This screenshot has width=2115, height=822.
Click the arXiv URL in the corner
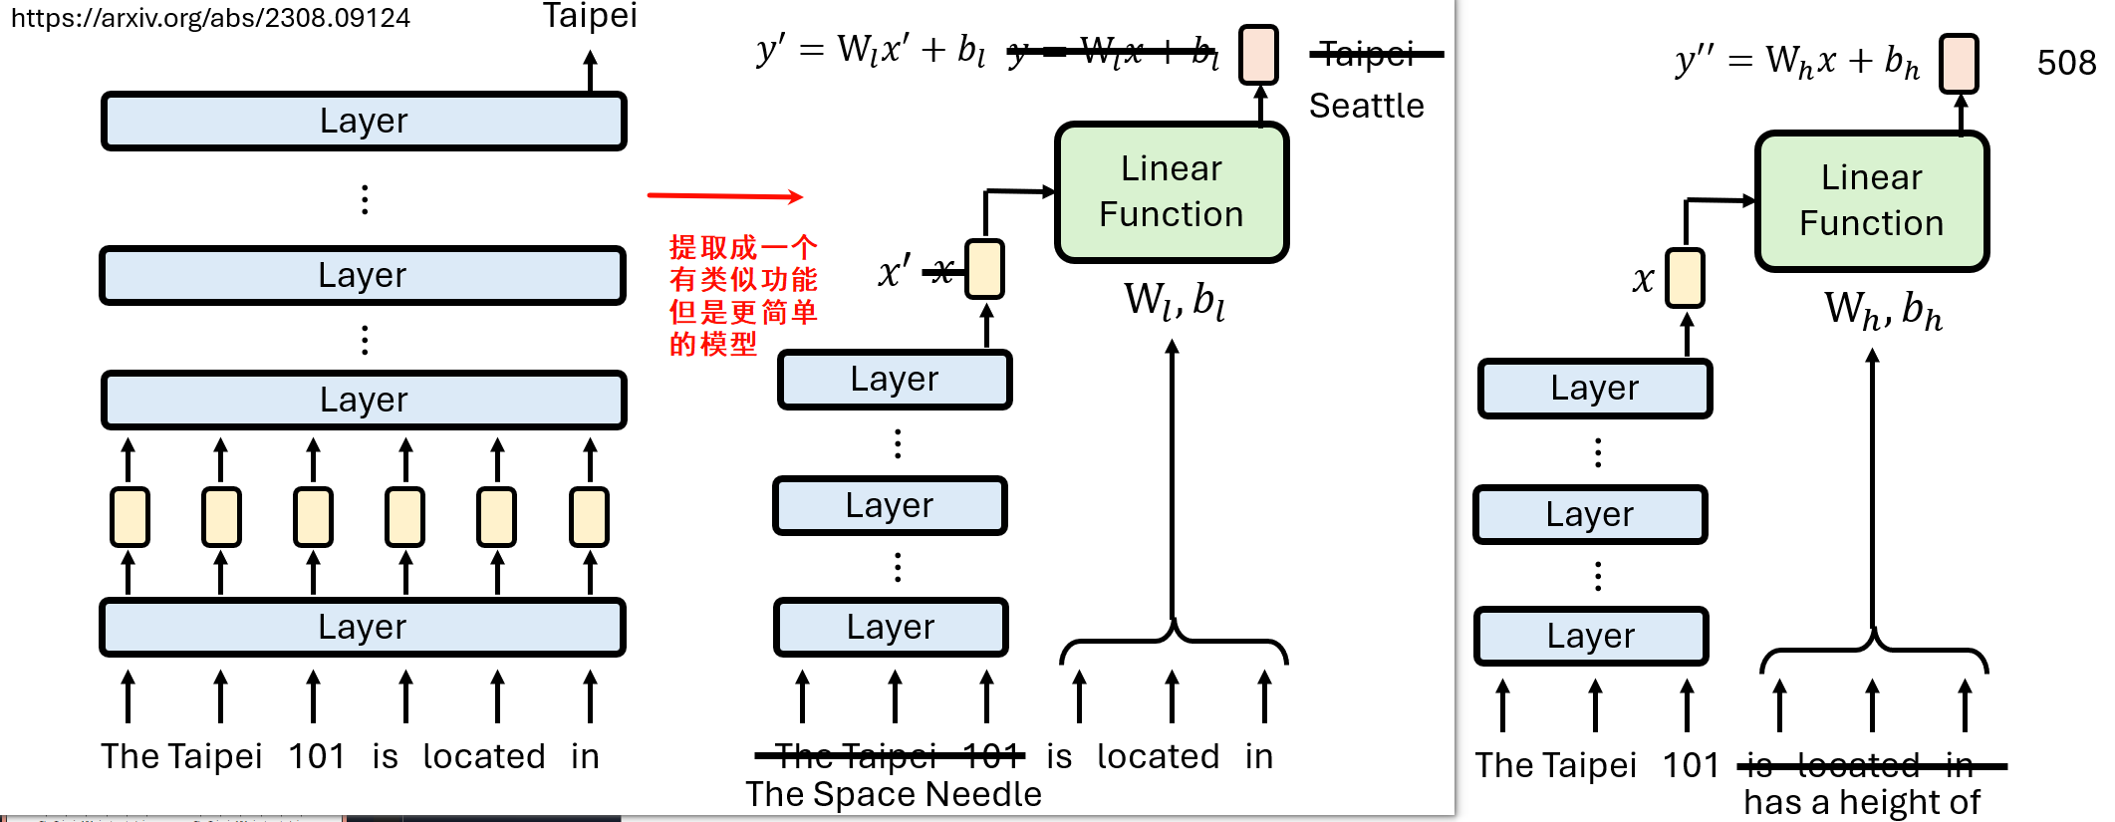tap(210, 18)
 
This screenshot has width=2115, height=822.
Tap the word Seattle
tap(1366, 106)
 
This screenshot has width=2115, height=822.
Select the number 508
tap(2065, 63)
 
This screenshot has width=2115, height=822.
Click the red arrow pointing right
tap(724, 195)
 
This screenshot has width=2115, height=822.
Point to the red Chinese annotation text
tap(742, 295)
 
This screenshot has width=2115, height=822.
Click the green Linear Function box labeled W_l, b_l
tap(1171, 192)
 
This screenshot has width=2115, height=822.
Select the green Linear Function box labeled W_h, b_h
tap(1871, 201)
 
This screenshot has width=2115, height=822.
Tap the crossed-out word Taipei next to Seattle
tap(1368, 54)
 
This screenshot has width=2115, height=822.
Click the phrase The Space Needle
tap(893, 794)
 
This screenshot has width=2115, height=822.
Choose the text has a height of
tap(1861, 802)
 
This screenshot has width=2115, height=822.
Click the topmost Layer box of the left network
tap(364, 121)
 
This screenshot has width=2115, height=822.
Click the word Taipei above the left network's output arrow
tap(589, 16)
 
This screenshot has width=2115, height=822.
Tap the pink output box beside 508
tap(1959, 63)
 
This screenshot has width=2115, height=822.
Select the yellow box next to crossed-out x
tap(985, 269)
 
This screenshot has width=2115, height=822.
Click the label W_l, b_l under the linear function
tap(1174, 299)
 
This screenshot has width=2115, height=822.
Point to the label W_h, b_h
tap(1882, 310)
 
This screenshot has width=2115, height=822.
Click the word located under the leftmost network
tap(484, 756)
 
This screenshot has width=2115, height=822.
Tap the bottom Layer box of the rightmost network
tap(1591, 636)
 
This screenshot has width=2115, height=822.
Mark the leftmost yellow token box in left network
tap(130, 516)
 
